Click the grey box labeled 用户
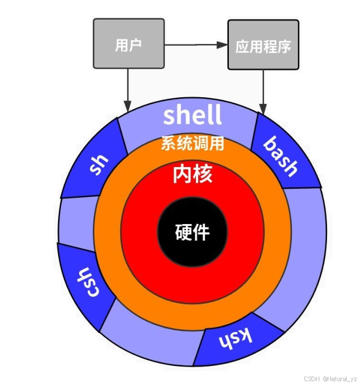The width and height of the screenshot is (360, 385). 129,44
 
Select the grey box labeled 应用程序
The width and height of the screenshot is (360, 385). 263,45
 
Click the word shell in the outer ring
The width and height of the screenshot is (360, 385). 192,115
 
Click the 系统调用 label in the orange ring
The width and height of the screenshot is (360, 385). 193,144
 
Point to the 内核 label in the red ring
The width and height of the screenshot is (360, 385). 193,175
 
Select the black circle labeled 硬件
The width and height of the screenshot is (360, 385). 193,231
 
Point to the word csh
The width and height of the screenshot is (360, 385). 84,283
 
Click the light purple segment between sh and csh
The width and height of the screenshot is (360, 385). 75,221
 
